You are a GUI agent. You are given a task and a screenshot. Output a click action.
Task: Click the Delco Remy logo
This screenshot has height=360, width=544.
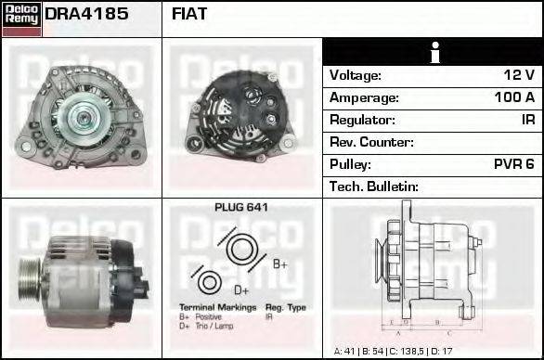coord(20,18)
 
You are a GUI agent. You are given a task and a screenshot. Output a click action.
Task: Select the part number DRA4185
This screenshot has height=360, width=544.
coord(86,15)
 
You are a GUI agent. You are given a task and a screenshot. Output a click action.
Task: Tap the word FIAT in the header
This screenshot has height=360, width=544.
coord(190,15)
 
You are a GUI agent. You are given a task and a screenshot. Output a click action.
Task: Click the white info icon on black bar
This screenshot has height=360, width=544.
coord(433,52)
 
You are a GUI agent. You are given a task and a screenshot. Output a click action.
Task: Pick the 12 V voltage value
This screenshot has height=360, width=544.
coord(518,75)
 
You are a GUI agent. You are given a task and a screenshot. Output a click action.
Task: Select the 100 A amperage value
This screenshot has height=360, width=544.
coord(514,97)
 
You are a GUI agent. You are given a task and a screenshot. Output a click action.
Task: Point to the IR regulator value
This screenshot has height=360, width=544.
coord(527,120)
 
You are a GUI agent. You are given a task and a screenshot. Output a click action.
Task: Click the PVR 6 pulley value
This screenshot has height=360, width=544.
coord(513,164)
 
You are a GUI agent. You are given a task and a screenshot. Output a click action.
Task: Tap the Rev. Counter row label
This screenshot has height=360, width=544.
coord(371,142)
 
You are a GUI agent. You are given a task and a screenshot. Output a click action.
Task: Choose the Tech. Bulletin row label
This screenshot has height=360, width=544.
coord(374,186)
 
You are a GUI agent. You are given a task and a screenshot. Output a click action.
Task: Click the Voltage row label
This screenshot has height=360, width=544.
coord(355,75)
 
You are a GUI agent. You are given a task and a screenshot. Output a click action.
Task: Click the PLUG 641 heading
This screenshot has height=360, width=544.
coord(240,208)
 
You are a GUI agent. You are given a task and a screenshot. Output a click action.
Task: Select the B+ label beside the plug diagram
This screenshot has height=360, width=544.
coord(279,264)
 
